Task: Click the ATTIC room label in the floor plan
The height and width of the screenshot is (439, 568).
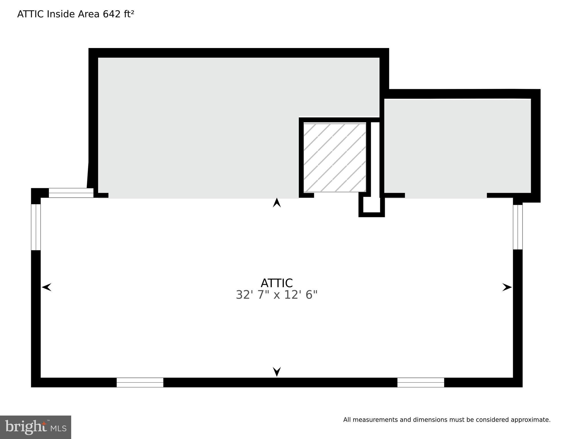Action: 276,283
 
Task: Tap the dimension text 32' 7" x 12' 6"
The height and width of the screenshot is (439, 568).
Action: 276,295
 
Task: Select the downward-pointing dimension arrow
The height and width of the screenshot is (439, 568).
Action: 277,372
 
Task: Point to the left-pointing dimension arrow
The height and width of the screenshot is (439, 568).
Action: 47,287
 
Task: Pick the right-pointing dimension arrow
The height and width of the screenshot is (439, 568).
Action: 507,287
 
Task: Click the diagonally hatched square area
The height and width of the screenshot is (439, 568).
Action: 334,158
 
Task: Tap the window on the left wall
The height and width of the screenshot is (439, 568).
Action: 36,227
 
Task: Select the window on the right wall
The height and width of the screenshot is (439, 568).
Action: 518,227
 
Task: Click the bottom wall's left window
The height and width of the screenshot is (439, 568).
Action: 140,382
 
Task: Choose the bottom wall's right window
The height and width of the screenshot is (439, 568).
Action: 420,382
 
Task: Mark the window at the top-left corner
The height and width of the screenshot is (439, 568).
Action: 71,193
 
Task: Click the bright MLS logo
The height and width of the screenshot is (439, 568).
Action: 35,427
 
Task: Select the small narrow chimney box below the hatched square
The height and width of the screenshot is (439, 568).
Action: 372,204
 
